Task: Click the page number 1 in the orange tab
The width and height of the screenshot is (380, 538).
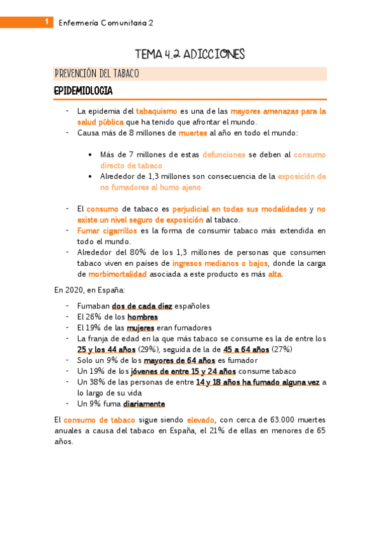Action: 46,22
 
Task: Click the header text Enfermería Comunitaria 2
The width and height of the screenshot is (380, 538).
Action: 106,23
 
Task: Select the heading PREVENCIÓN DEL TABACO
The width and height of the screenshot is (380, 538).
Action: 96,74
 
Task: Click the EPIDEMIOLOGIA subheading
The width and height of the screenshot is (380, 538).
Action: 83,91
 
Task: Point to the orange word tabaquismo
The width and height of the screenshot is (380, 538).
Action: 157,111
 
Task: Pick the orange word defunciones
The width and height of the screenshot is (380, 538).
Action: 224,154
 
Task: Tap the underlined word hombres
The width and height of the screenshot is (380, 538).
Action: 143,317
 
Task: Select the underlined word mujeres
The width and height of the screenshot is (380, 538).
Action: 141,327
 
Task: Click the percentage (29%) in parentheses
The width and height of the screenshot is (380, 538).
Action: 148,350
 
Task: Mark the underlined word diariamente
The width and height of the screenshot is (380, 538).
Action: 144,403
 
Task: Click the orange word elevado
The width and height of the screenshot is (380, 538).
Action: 200,419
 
